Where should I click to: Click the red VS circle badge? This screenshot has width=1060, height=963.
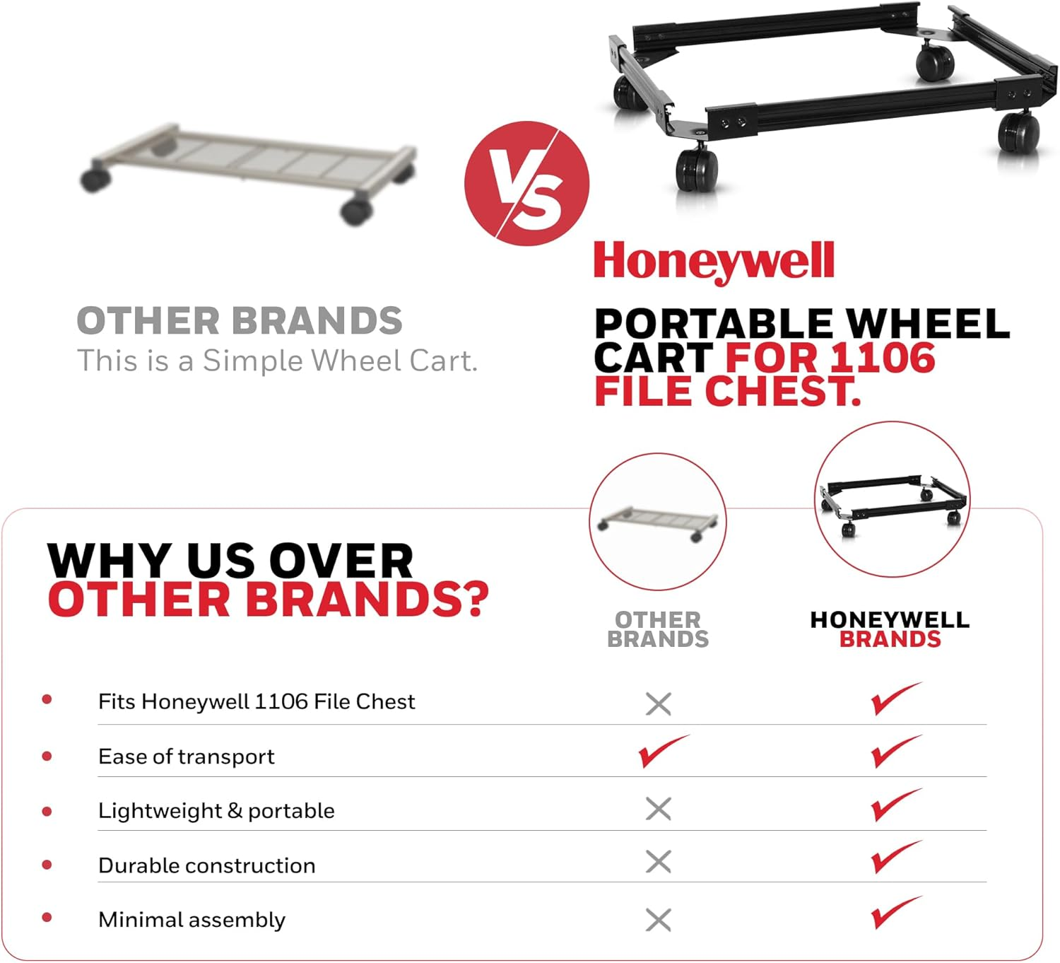tap(526, 183)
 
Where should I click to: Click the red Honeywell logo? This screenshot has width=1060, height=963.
tap(714, 261)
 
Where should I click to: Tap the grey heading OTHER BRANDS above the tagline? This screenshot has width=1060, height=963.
tap(240, 321)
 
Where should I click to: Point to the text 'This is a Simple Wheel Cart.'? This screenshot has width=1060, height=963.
tap(277, 361)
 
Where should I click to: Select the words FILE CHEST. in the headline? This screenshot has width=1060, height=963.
tap(728, 391)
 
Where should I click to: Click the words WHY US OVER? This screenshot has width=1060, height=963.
tap(230, 561)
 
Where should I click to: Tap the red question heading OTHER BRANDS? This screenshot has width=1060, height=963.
tap(269, 600)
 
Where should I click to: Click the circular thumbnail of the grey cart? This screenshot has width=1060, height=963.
tap(658, 522)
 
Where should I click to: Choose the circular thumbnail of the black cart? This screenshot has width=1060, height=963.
tap(892, 499)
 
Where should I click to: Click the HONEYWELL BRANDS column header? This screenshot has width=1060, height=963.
tap(890, 629)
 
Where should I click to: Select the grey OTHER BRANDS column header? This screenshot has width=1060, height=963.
tap(658, 629)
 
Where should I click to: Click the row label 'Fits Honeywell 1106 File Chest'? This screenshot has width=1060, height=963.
tap(257, 701)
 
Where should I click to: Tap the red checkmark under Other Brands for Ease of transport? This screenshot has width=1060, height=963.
tap(662, 751)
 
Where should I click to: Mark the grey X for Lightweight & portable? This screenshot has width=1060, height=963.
tap(659, 809)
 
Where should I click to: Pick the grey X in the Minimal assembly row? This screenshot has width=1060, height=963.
tap(659, 920)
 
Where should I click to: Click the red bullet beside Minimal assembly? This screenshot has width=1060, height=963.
tap(47, 918)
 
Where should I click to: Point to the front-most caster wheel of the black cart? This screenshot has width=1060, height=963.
tap(697, 170)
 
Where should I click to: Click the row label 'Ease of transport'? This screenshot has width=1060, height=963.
tap(186, 757)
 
